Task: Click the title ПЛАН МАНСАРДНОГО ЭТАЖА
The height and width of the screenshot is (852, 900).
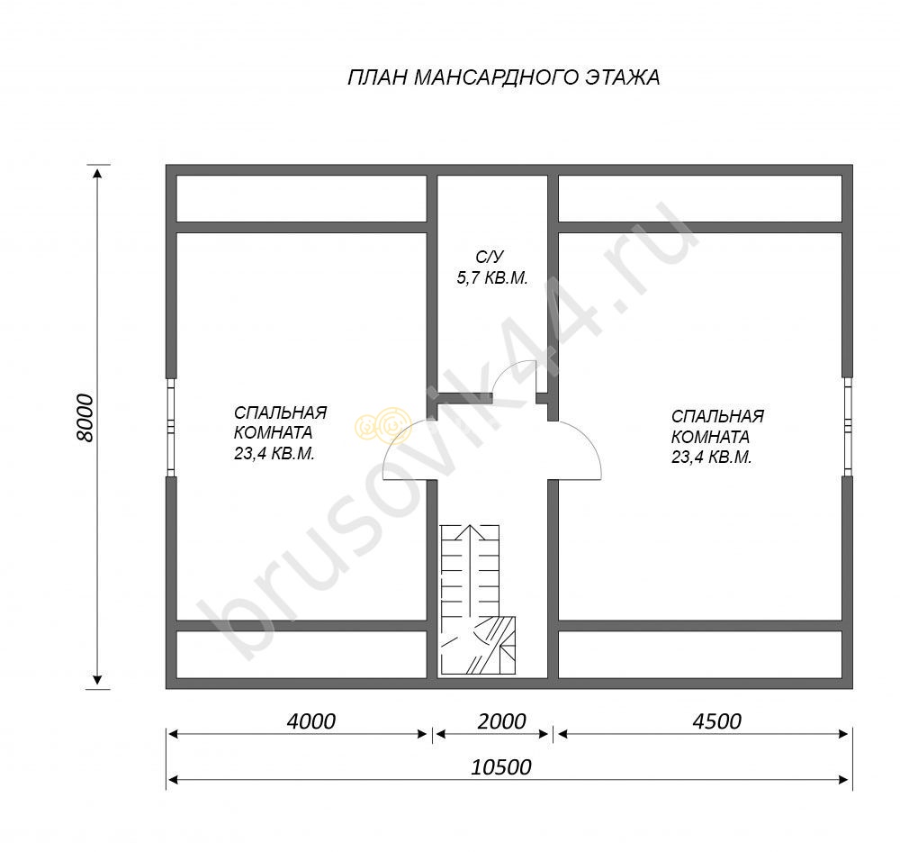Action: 503,77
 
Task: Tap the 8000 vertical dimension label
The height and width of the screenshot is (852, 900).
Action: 85,418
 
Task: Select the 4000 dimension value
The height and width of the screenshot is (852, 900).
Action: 311,721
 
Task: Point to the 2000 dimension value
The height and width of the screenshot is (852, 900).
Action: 501,721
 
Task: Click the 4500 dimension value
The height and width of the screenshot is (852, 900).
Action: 717,721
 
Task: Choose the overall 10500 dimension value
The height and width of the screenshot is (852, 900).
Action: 501,767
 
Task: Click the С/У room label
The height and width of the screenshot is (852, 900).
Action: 490,257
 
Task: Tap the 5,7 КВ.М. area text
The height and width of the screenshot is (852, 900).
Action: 492,278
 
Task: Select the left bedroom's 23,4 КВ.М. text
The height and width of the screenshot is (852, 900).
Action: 274,454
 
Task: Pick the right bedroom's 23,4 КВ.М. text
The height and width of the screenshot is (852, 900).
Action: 712,458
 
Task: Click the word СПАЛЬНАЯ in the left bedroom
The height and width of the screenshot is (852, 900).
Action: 280,412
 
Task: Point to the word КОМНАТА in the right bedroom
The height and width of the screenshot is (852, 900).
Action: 711,437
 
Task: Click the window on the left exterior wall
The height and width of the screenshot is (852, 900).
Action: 170,427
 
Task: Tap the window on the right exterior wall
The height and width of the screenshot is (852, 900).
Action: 848,427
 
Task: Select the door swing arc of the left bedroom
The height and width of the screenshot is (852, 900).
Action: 397,437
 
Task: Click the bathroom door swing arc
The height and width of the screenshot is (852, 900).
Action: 506,369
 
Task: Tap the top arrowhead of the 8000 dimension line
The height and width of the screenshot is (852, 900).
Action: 97,173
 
